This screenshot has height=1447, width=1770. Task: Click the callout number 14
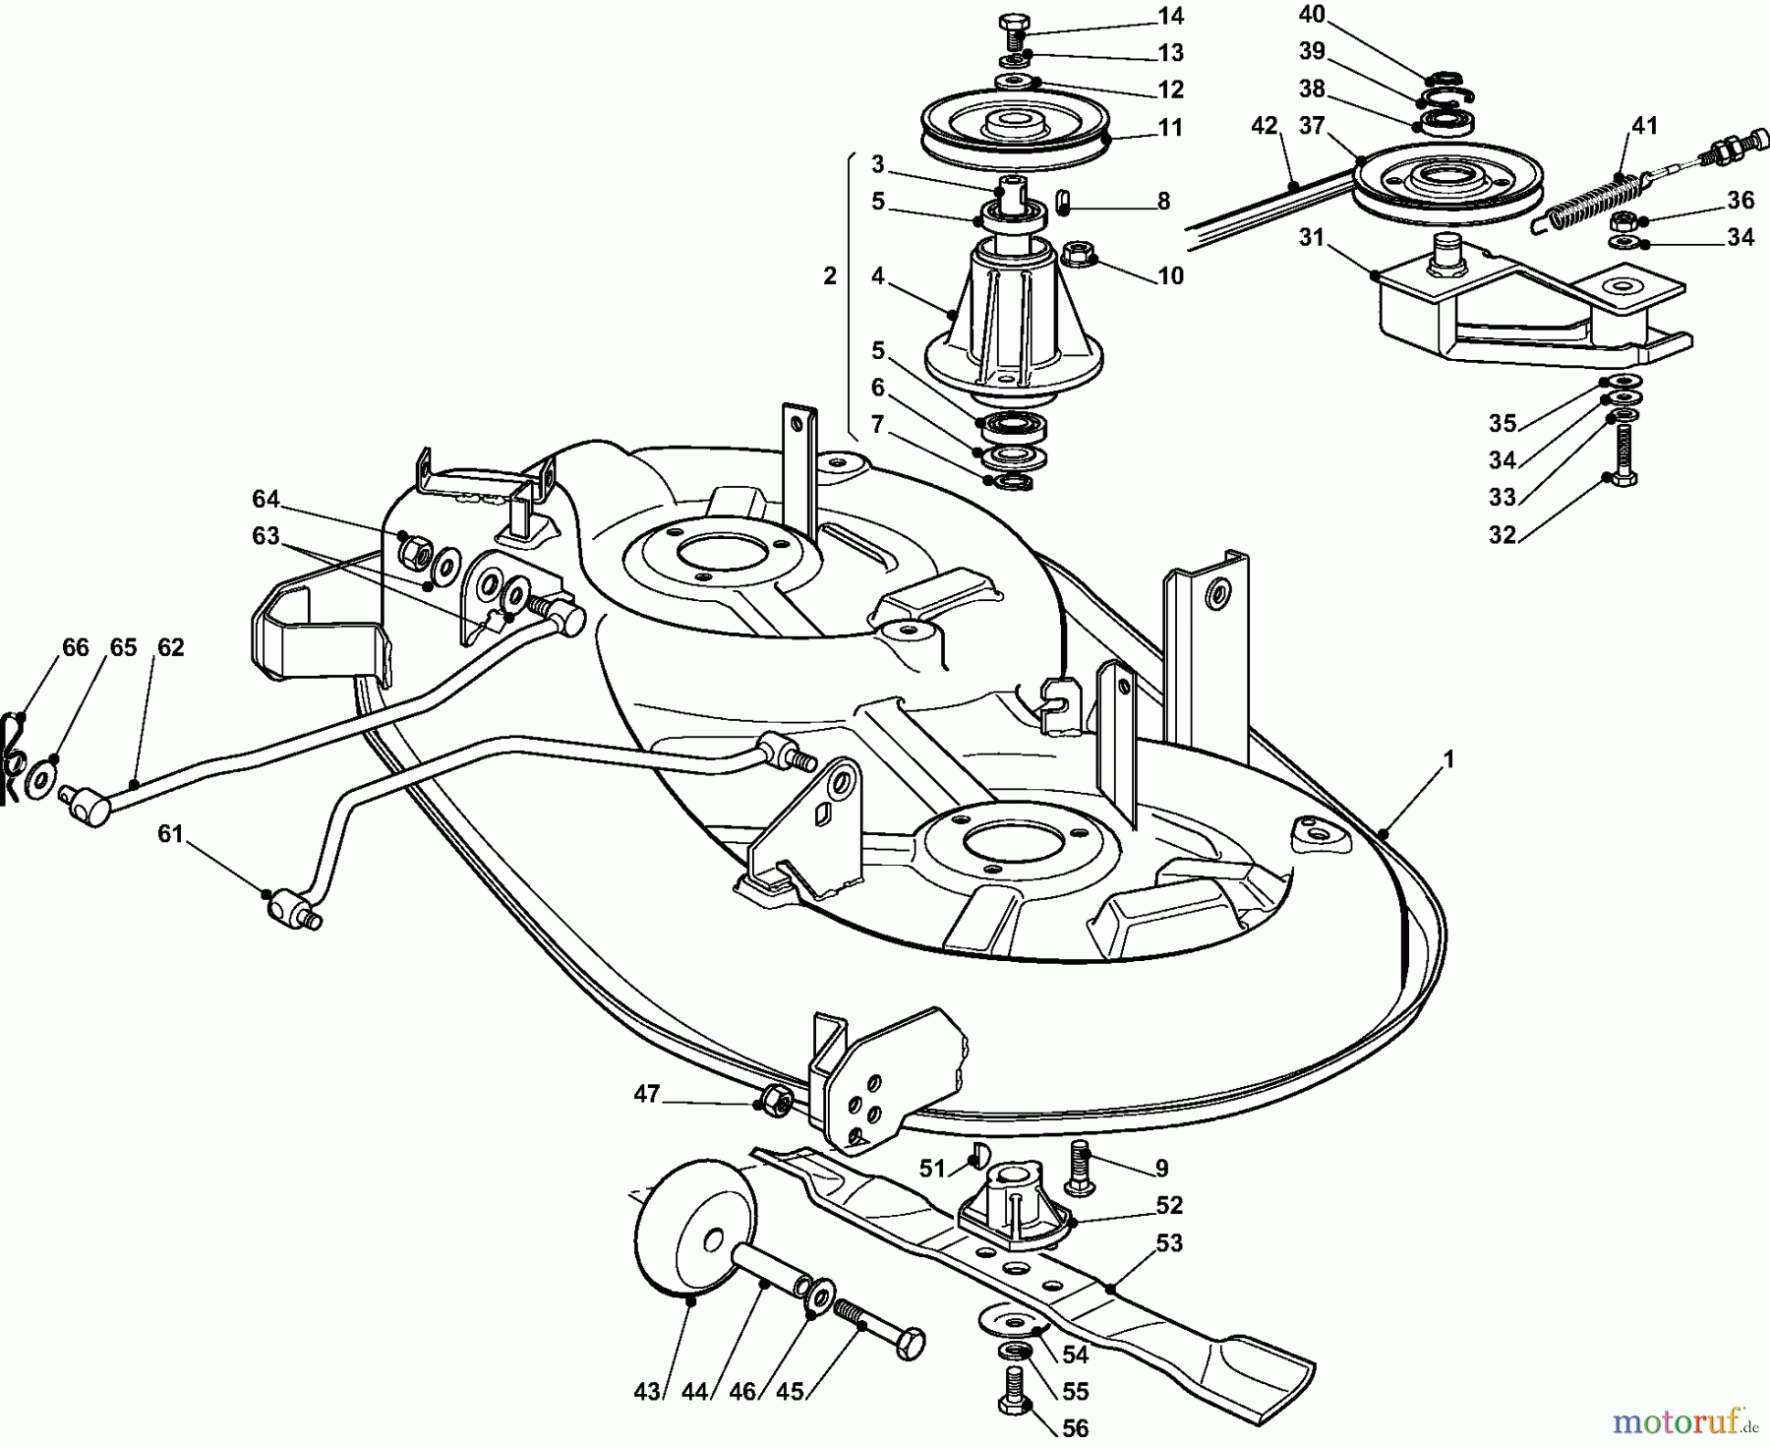(x=1170, y=17)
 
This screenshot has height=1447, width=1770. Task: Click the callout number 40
(x=1312, y=15)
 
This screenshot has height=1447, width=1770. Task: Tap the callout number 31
(x=1312, y=238)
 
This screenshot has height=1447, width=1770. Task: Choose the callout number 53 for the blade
(x=1169, y=1243)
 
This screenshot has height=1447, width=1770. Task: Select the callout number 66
(x=76, y=647)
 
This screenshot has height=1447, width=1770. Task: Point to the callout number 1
(x=1446, y=760)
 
